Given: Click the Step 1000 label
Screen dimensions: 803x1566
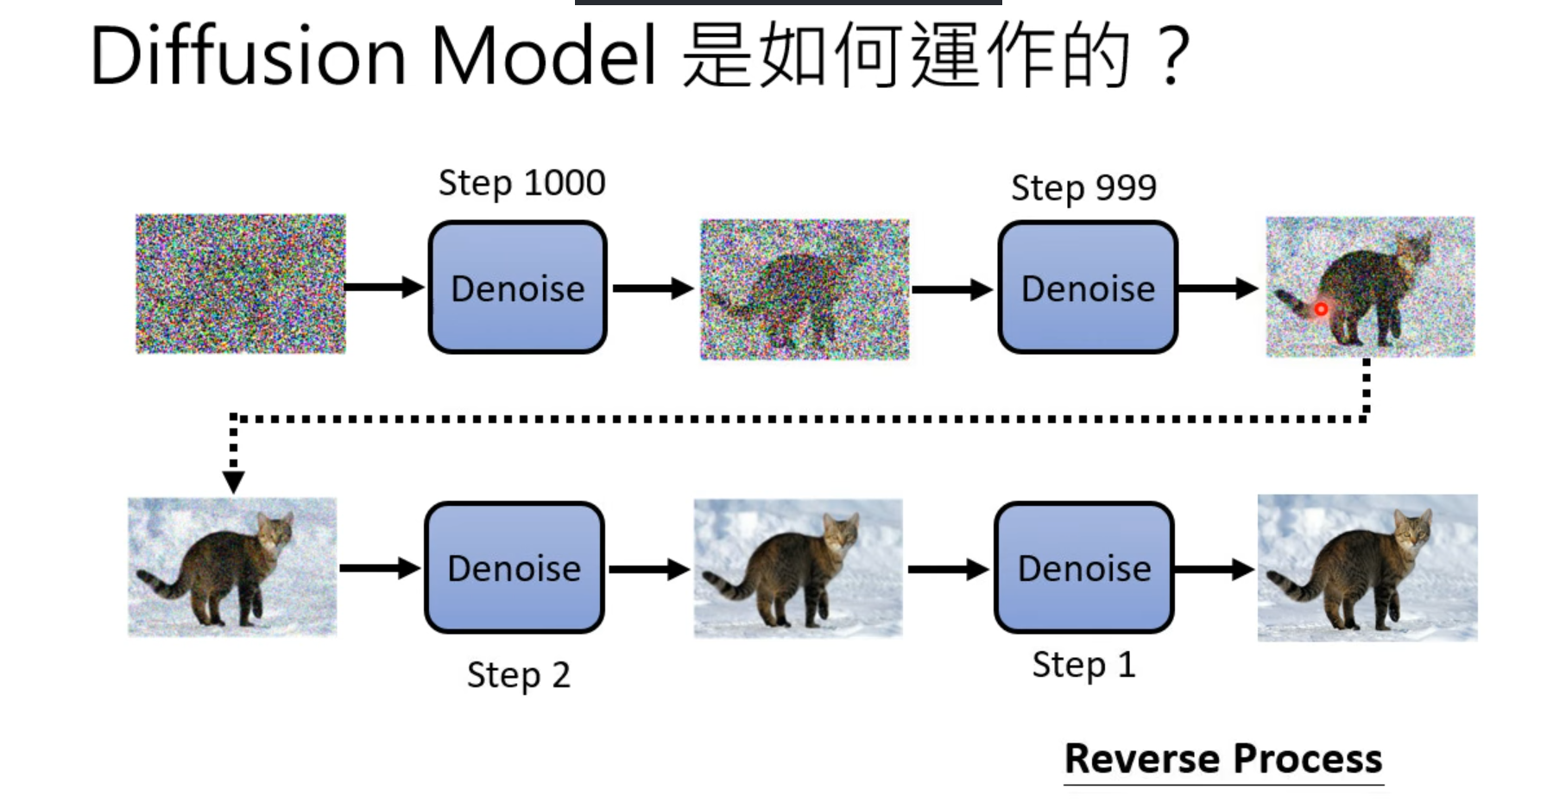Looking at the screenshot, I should tap(521, 183).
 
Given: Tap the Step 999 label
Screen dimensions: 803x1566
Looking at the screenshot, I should tap(1083, 187).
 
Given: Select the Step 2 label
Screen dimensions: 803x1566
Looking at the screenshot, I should tap(518, 675).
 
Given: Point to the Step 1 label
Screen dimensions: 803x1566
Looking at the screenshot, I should tap(1083, 665).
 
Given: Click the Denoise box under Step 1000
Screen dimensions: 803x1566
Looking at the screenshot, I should tap(518, 288).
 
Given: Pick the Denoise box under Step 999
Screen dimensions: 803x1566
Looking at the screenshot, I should tap(1088, 288).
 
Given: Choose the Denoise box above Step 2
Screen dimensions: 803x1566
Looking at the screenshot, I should tap(515, 568).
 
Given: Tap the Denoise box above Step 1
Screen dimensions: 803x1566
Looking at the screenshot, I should tap(1084, 568).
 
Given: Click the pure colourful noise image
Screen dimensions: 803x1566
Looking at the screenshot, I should tap(241, 284).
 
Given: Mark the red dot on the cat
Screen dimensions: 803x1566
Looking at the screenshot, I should tap(1321, 308).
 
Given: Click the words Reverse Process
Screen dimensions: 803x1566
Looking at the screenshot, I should tap(1223, 759).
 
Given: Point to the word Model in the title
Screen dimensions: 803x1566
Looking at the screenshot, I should tap(544, 56).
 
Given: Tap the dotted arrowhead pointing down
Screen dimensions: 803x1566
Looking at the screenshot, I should tap(233, 482).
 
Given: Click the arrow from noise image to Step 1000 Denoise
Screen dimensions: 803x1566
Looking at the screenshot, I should tap(385, 288).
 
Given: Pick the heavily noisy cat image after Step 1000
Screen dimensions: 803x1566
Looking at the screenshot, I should tap(805, 289).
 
